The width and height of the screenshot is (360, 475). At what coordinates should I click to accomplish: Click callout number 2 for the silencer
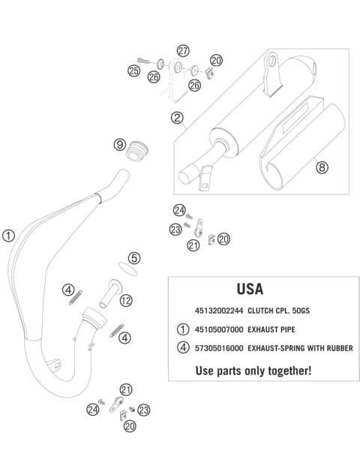click(178, 118)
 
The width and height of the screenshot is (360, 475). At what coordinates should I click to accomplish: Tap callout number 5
click(133, 257)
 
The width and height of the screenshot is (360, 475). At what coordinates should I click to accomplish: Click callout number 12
click(126, 301)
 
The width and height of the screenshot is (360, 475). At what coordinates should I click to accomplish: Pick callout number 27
click(182, 51)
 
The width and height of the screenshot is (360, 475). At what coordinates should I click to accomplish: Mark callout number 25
click(134, 71)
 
